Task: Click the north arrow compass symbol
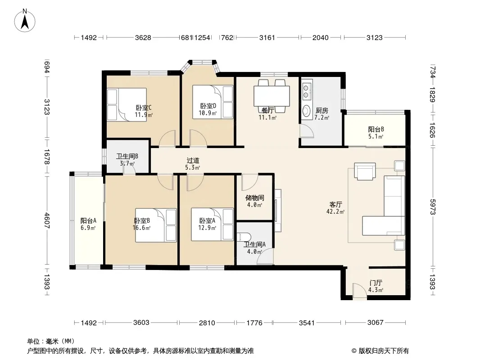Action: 25,21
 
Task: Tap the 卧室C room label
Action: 144,108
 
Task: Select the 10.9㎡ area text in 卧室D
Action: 208,113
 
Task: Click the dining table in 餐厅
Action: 272,96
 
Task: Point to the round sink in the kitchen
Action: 306,111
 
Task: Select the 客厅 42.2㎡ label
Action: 335,208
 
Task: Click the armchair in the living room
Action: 365,171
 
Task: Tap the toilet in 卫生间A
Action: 245,237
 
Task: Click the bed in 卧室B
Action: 156,225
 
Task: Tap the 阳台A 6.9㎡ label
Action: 88,224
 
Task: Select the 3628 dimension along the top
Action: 143,38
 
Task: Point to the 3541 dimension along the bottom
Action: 307,323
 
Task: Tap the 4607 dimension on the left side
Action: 46,220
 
